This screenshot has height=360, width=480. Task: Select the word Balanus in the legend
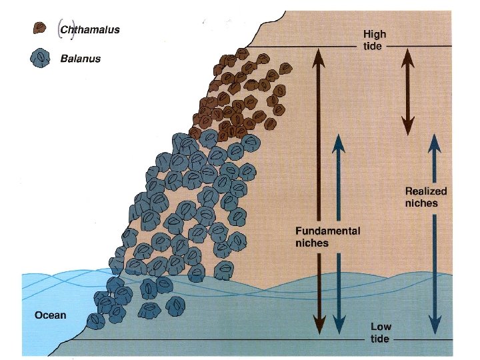click(x=80, y=58)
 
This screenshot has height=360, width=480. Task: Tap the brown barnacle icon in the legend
click(x=39, y=28)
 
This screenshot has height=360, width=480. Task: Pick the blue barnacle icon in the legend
click(x=41, y=58)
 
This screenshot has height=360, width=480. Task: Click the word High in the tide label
click(x=375, y=33)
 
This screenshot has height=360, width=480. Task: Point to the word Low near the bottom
click(x=381, y=327)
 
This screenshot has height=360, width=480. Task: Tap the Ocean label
click(x=51, y=315)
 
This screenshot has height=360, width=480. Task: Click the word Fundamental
click(x=327, y=231)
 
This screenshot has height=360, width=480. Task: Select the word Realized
click(x=426, y=191)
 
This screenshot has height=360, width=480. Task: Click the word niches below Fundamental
click(x=311, y=243)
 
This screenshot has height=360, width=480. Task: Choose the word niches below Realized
click(x=421, y=203)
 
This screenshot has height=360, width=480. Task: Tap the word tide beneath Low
click(x=381, y=339)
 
